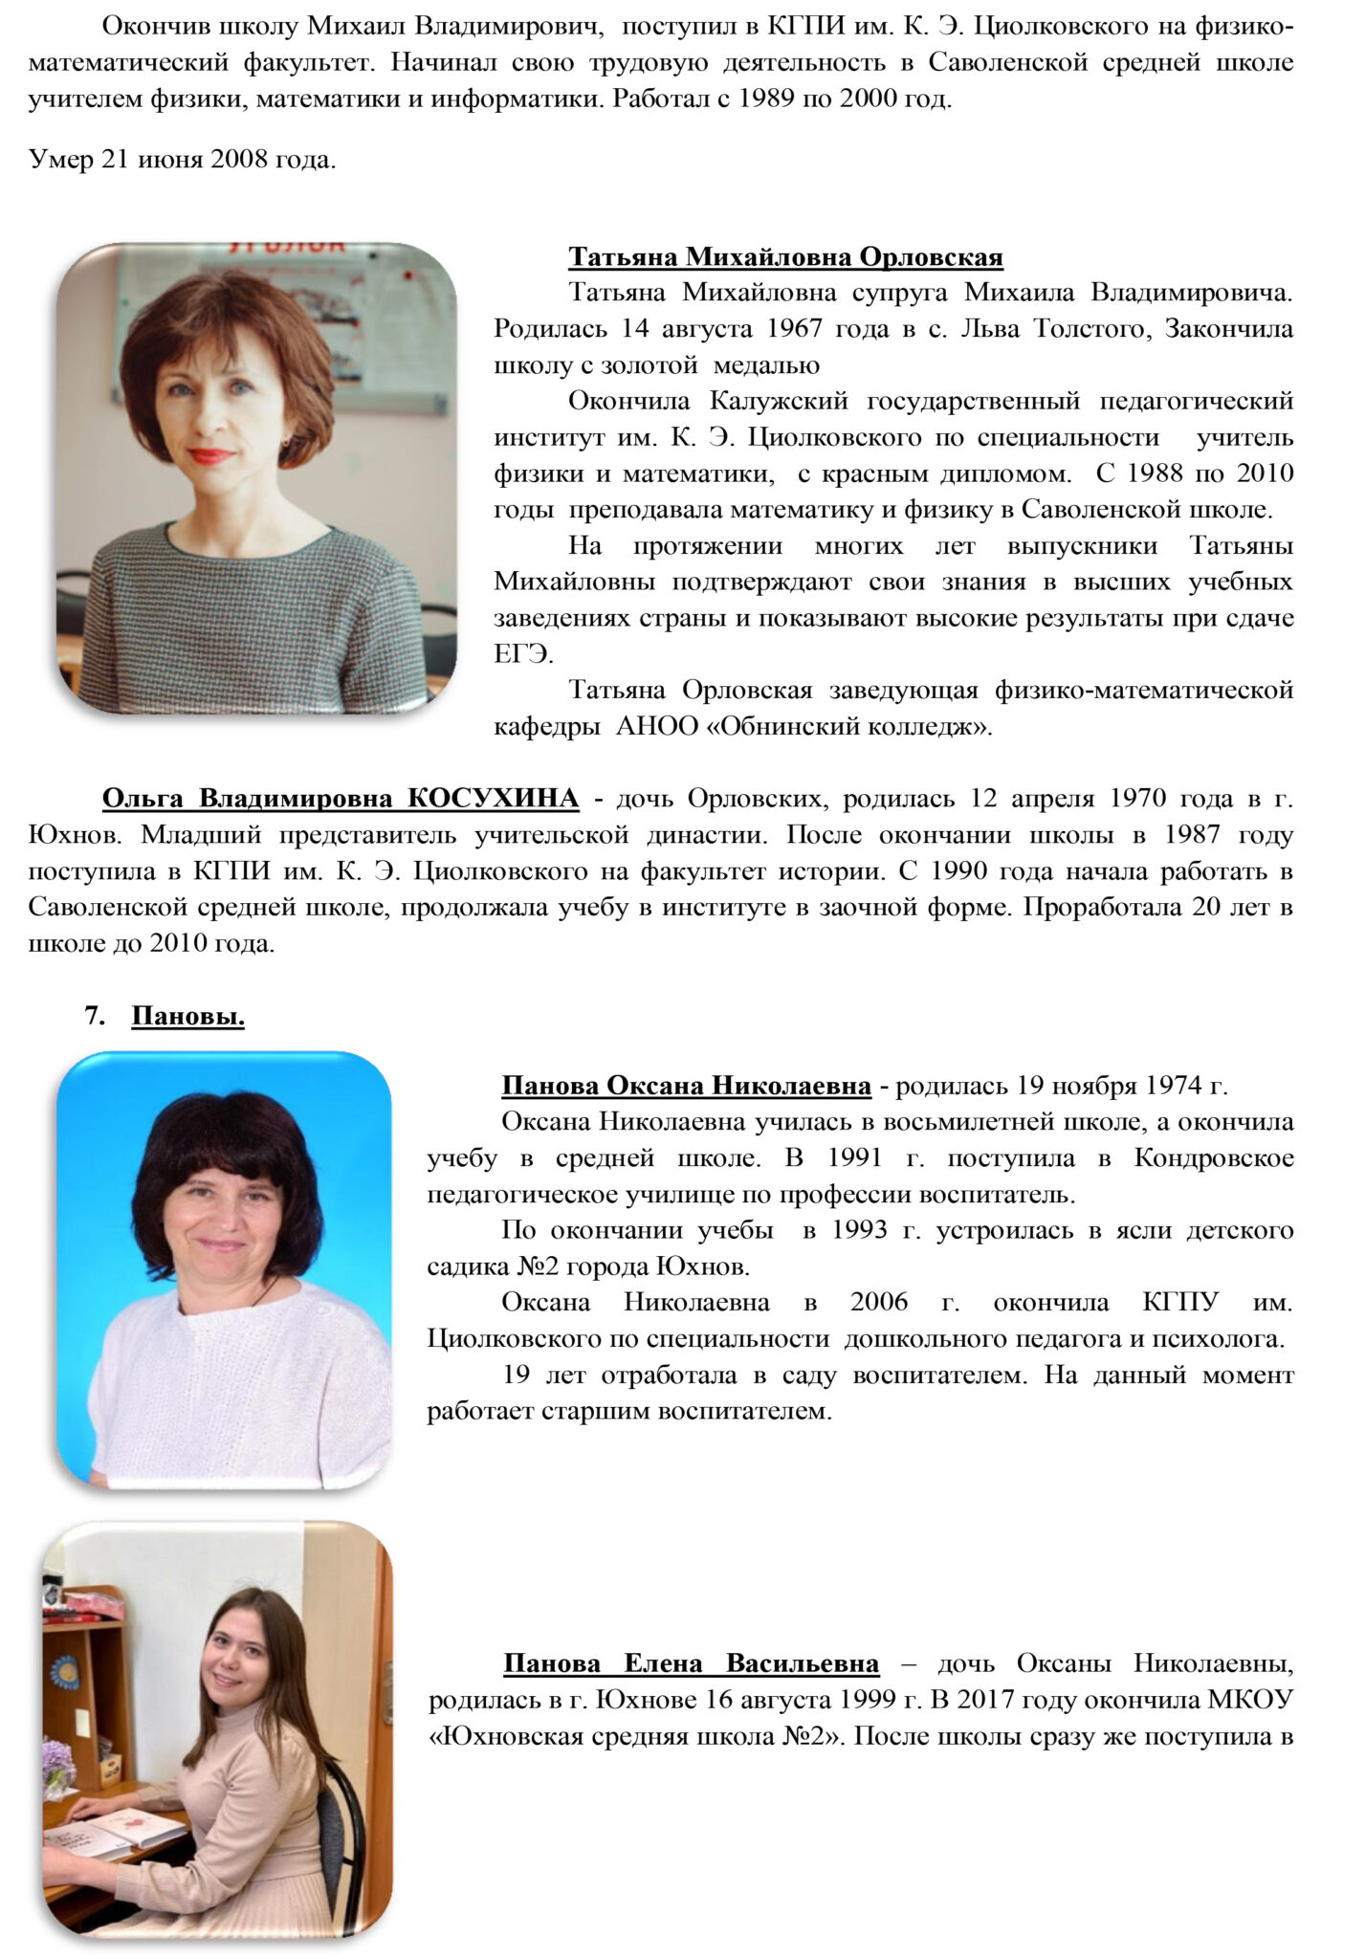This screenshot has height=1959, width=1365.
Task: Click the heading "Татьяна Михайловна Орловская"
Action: click(785, 257)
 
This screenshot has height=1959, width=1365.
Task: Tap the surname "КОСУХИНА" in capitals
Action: click(494, 799)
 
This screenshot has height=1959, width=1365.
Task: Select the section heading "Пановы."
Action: click(187, 1016)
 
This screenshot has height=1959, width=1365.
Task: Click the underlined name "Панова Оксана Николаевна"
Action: click(686, 1087)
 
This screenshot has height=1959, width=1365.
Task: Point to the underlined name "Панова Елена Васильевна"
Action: click(691, 1663)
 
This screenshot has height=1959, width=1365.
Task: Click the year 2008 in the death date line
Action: click(239, 159)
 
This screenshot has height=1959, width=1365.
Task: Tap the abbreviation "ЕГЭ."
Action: click(523, 654)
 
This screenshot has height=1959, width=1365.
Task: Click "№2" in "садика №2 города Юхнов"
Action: click(539, 1267)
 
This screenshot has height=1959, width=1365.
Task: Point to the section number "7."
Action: click(95, 1016)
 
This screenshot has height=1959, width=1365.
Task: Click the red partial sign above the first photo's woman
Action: click(285, 248)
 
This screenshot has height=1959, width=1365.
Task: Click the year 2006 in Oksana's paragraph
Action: click(878, 1304)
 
